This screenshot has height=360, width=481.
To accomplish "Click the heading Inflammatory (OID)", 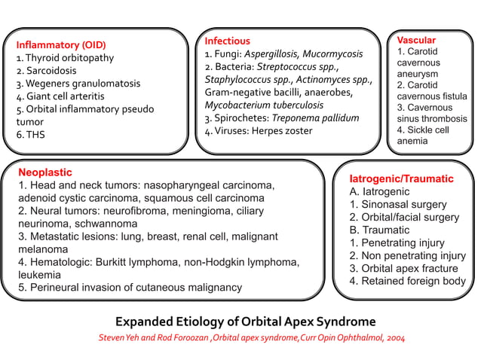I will pyautogui.click(x=61, y=44).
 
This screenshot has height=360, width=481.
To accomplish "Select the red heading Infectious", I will pyautogui.click(x=227, y=41).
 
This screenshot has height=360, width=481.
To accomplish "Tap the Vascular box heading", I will pyautogui.click(x=416, y=39).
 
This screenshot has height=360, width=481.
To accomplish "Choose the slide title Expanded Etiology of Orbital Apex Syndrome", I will pyautogui.click(x=246, y=321).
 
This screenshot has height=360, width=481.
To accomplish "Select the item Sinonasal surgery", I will pyautogui.click(x=400, y=205).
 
